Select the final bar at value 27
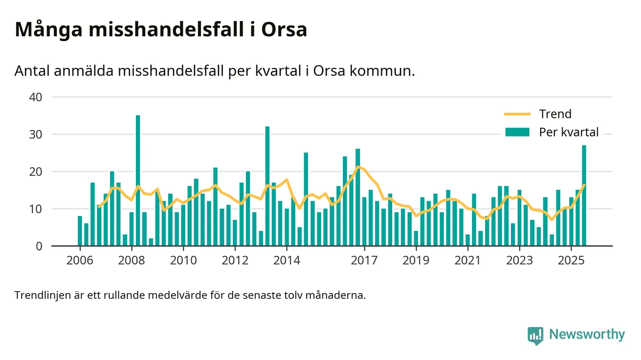pyautogui.click(x=584, y=196)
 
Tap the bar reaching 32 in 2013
pyautogui.click(x=267, y=186)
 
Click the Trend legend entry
pyautogui.click(x=555, y=114)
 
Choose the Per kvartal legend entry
pyautogui.click(x=568, y=132)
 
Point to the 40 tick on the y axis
pyautogui.click(x=36, y=97)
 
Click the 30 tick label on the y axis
pyautogui.click(x=36, y=134)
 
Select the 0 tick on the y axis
pyautogui.click(x=40, y=246)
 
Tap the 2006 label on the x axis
pyautogui.click(x=80, y=261)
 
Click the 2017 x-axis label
pyautogui.click(x=365, y=261)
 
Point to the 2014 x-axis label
pyautogui.click(x=287, y=261)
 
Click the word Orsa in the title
pyautogui.click(x=284, y=30)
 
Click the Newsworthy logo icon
pyautogui.click(x=535, y=335)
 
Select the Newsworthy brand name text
pyautogui.click(x=587, y=335)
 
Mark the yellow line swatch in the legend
pyautogui.click(x=518, y=114)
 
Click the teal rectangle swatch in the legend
pyautogui.click(x=518, y=132)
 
